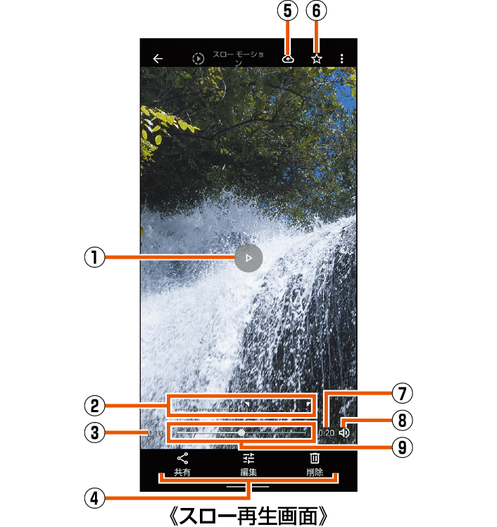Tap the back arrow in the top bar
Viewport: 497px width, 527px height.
point(158,59)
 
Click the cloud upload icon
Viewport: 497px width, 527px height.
point(288,59)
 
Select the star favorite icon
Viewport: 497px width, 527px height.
point(317,59)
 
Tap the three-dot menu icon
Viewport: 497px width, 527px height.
point(342,59)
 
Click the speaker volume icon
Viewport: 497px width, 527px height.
point(344,433)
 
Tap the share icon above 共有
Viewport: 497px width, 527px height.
point(182,459)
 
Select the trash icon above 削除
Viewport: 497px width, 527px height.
point(315,459)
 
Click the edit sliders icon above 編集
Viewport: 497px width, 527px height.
point(248,459)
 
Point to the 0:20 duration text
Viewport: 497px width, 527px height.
point(326,433)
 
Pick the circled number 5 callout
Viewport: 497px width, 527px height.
point(289,11)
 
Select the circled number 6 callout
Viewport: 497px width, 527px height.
point(317,11)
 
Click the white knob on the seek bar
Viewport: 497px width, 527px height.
point(241,433)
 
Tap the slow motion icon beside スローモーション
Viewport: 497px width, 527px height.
point(199,59)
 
